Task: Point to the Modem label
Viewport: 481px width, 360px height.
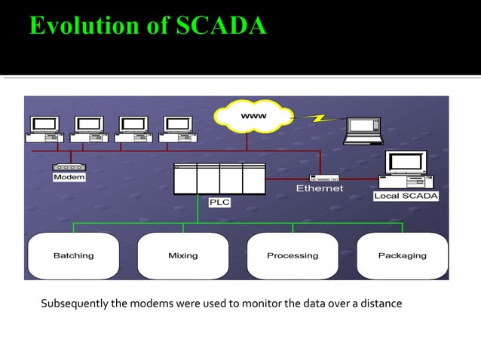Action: tap(69, 178)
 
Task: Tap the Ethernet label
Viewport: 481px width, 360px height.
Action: tap(319, 188)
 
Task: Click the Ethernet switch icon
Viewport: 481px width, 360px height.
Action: tap(324, 178)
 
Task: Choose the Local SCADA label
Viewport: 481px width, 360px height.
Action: tap(406, 196)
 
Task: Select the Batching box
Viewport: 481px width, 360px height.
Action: tap(74, 256)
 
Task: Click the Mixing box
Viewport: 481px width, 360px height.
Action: tap(183, 256)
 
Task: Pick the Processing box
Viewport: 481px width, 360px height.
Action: tap(293, 256)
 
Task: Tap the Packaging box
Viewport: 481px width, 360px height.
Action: tap(402, 256)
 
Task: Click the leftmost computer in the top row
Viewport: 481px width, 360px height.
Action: tap(45, 129)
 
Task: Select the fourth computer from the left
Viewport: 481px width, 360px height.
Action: tap(179, 129)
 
